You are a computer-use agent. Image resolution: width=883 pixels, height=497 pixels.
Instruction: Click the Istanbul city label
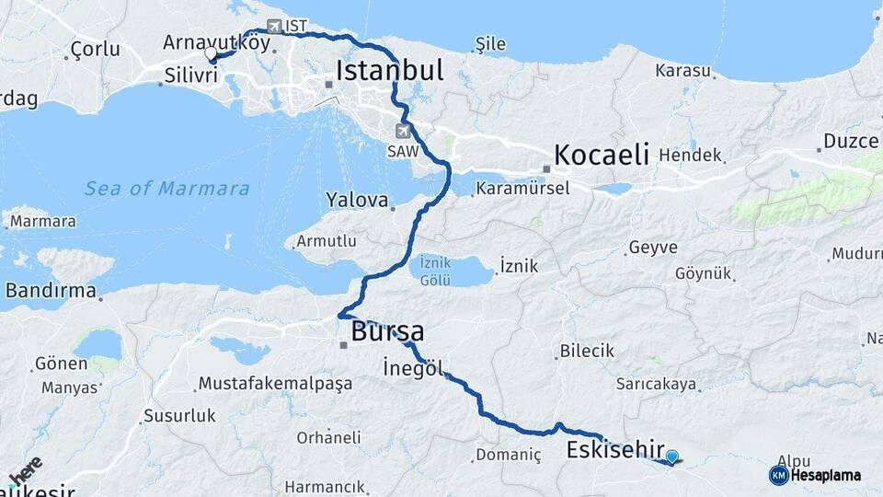(x=389, y=70)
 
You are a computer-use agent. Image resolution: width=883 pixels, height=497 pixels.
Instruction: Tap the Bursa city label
(x=387, y=331)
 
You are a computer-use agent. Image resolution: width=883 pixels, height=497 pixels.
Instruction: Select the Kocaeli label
(x=602, y=154)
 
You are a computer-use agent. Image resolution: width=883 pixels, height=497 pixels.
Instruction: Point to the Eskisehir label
(x=615, y=450)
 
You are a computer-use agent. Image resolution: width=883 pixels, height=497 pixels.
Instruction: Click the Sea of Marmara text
(x=166, y=189)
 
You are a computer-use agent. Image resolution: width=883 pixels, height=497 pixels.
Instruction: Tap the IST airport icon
(x=274, y=26)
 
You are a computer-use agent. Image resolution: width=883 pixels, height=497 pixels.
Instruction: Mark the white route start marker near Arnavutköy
(x=211, y=54)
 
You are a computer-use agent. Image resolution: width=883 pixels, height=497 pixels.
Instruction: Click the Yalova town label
(x=350, y=200)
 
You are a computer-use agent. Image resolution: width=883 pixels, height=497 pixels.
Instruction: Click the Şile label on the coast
(x=490, y=42)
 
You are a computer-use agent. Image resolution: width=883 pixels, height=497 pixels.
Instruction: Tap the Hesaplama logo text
(x=824, y=476)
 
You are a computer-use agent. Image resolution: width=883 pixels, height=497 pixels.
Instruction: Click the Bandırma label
(x=51, y=291)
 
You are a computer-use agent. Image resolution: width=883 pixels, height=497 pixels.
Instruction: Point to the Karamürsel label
(x=522, y=188)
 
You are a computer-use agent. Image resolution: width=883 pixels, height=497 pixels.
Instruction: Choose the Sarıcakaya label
(x=656, y=384)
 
